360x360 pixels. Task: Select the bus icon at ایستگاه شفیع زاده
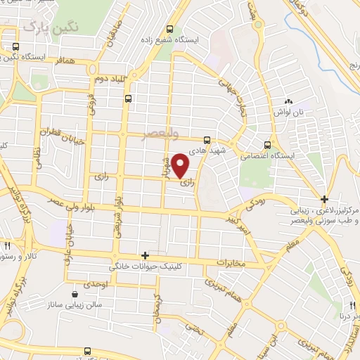[169, 30]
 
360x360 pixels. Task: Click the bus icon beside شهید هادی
[207, 139]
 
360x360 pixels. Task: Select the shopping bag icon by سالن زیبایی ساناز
[75, 293]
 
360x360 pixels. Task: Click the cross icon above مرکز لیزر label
[323, 198]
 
